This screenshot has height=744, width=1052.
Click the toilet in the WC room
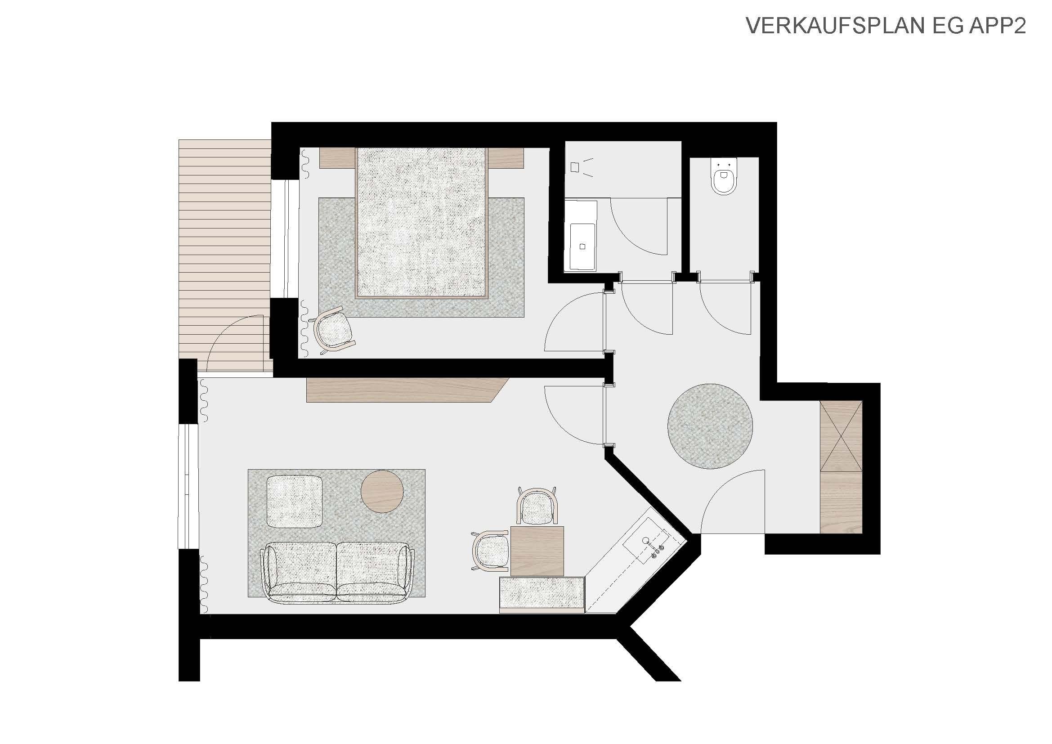tap(725, 177)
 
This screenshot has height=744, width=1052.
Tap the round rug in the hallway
tap(710, 426)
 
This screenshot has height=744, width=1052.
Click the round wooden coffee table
tap(382, 492)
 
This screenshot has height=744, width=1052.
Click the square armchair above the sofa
tap(295, 502)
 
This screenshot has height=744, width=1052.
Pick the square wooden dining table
tap(537, 551)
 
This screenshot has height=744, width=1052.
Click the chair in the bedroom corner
tap(335, 329)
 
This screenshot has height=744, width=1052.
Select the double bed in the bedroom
tap(421, 223)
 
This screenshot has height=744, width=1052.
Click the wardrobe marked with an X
tap(841, 436)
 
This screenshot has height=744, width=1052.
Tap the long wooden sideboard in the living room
tap(407, 390)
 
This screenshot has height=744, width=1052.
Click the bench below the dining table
tap(542, 595)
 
